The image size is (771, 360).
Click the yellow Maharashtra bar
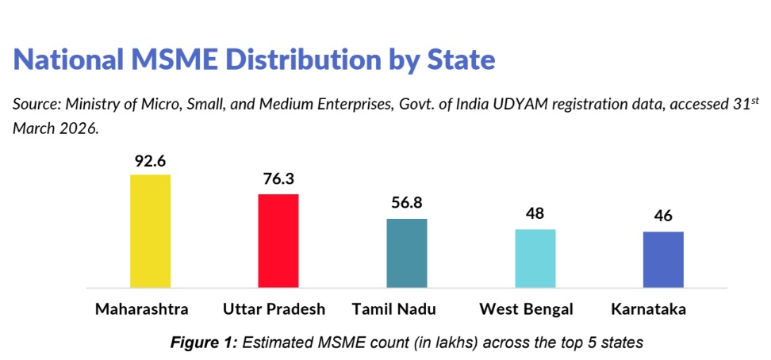[x=150, y=232]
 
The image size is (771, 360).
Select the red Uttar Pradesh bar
[x=278, y=241]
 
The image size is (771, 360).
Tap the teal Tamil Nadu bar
[x=407, y=253]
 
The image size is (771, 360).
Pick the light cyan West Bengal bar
[x=535, y=259]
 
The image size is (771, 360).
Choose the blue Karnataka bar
[x=663, y=259]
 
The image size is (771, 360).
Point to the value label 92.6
[x=150, y=162]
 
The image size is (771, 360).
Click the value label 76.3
[x=278, y=179]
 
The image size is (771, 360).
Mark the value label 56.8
[x=407, y=203]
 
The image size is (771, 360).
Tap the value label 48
[x=535, y=214]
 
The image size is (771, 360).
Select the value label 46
[x=663, y=216]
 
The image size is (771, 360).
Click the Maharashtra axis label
[x=142, y=309]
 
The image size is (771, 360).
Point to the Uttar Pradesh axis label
[x=274, y=309]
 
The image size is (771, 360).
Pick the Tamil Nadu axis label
[x=394, y=309]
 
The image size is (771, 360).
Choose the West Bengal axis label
[x=526, y=310]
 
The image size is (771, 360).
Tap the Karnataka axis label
[x=648, y=309]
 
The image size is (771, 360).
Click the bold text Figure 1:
[x=204, y=341]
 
